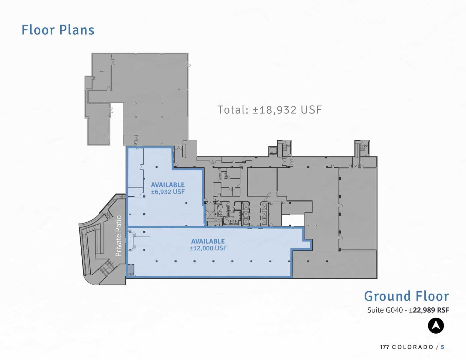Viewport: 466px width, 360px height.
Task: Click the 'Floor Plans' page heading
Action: [58, 30]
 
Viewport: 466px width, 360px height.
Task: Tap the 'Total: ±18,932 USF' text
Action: [269, 110]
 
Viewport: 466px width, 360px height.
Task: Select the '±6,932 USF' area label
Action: [168, 192]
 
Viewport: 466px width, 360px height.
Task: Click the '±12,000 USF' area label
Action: [208, 248]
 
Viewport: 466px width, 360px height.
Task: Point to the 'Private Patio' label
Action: [119, 236]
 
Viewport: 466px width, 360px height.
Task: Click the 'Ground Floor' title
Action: [406, 296]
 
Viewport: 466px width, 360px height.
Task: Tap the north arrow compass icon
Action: [436, 326]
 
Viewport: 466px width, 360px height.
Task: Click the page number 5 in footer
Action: [442, 347]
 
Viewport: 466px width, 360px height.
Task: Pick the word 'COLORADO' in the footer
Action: [413, 347]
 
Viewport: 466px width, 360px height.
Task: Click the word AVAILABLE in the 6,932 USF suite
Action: [168, 185]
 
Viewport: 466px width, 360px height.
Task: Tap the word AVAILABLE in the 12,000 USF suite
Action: [208, 241]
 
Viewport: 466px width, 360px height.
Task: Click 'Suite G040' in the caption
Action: [385, 310]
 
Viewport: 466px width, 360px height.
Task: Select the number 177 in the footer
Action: [384, 347]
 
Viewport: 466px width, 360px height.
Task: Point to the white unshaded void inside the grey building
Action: [293, 220]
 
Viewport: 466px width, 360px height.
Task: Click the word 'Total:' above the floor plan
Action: [233, 110]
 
